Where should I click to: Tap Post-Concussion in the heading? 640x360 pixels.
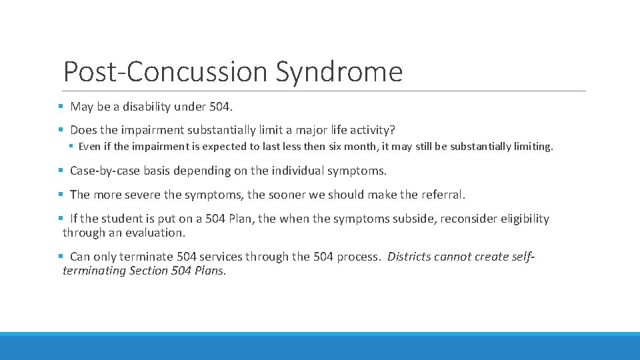[x=166, y=72]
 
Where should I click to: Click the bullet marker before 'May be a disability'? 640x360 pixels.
[x=60, y=107]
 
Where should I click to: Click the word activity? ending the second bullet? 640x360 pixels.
[x=379, y=129]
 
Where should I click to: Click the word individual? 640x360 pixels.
[x=293, y=171]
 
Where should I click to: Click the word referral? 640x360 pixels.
[x=443, y=195]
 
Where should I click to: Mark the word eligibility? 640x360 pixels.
[x=524, y=219]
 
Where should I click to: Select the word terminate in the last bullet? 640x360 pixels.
[x=149, y=257]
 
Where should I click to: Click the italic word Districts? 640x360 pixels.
[x=409, y=257]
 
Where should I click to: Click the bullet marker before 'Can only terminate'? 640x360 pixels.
[x=60, y=257]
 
